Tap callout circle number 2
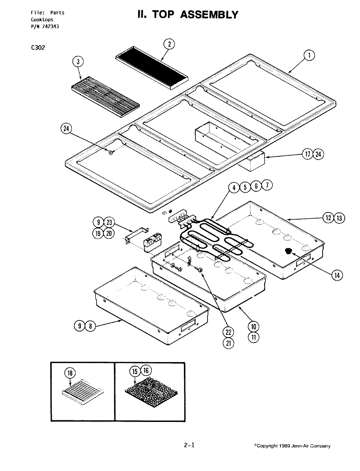(169, 44)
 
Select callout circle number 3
(78, 61)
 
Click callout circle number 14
(337, 275)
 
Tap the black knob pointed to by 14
(289, 251)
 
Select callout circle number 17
(308, 154)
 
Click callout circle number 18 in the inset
(70, 373)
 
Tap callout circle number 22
(228, 332)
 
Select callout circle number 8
(91, 326)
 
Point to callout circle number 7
(267, 186)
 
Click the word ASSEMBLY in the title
(209, 15)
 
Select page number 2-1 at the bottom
(189, 445)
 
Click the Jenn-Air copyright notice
(292, 446)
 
